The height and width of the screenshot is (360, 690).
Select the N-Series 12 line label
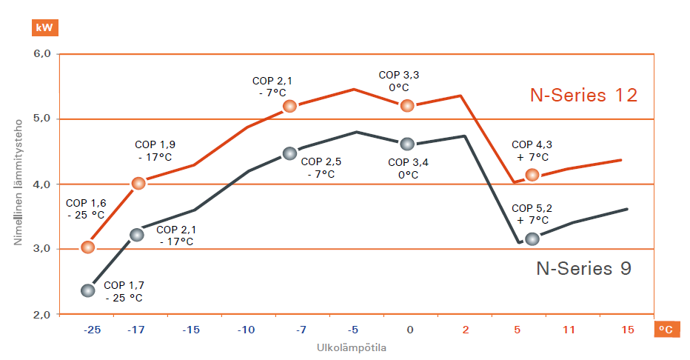(x=583, y=95)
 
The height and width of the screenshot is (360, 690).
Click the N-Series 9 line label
(x=583, y=268)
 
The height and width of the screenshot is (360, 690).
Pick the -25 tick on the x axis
(x=92, y=330)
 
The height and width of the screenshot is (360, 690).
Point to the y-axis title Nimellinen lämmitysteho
(x=18, y=184)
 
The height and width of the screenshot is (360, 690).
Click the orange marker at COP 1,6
(x=88, y=247)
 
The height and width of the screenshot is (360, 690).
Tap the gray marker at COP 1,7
(x=88, y=290)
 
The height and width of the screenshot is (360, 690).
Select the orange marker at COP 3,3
(x=406, y=106)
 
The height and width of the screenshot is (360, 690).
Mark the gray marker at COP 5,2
(x=532, y=239)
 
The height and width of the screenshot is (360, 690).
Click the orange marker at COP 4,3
(x=532, y=175)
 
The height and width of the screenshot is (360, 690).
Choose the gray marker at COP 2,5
(x=289, y=153)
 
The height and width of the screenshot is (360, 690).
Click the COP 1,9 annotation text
(x=155, y=151)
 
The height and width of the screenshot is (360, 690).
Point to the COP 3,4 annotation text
(x=409, y=168)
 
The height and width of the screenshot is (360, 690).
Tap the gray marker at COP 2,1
(x=137, y=235)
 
